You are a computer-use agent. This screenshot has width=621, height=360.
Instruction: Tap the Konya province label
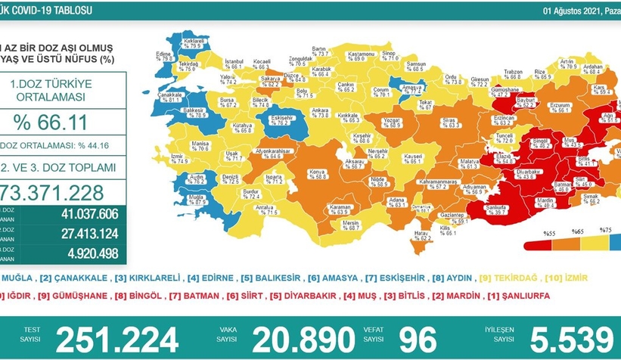point(318,172)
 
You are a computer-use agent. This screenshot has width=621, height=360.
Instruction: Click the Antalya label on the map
point(266,209)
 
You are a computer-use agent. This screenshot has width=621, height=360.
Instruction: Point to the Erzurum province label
point(539,106)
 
